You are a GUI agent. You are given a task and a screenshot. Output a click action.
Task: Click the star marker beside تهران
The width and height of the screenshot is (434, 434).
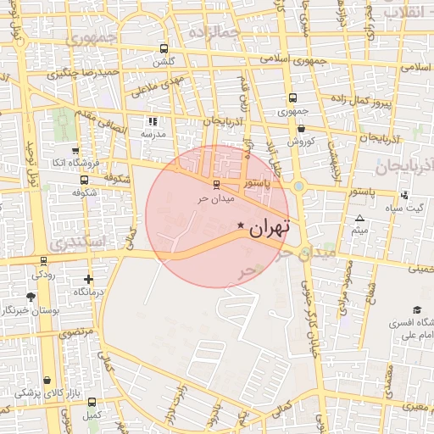[x=242, y=225]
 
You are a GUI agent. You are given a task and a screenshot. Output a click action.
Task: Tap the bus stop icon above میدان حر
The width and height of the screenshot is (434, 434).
[x=215, y=184]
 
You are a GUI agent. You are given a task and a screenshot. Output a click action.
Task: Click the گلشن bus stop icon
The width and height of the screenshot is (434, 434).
[x=163, y=49]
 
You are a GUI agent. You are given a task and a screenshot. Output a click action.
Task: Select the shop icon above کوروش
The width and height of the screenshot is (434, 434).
[x=302, y=128]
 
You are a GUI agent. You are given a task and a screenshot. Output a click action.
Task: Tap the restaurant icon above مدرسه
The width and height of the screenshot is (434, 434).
[x=153, y=121]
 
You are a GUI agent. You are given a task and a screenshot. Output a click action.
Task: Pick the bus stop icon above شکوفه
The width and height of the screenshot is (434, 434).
[x=83, y=180]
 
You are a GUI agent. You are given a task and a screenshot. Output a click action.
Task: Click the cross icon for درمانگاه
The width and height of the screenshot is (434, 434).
[x=88, y=279]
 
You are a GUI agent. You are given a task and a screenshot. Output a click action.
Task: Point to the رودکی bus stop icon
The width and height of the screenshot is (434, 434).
[x=43, y=261]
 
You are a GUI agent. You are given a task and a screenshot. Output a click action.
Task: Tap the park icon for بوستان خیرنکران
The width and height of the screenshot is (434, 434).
[x=31, y=297]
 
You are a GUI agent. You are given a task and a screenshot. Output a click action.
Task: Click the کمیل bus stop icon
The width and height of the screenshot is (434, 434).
[x=92, y=402]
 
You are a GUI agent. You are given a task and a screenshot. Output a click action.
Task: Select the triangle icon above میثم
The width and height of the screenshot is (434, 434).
[x=359, y=218]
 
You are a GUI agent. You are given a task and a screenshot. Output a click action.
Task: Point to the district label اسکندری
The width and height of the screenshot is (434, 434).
[x=78, y=243]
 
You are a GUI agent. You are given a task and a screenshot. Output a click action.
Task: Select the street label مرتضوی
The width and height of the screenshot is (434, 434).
[x=75, y=335]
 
